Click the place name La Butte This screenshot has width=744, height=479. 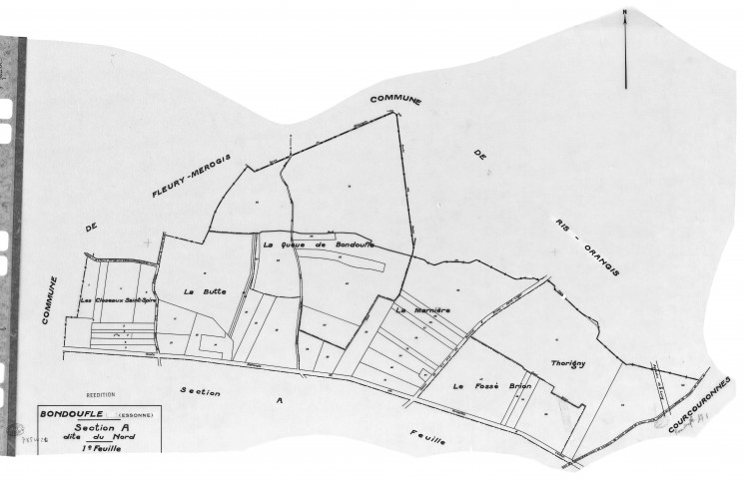(206, 291)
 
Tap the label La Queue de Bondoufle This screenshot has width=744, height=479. (318, 244)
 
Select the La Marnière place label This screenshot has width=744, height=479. (423, 310)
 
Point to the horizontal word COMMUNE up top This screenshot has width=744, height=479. (396, 101)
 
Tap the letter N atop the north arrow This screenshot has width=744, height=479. (624, 13)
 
